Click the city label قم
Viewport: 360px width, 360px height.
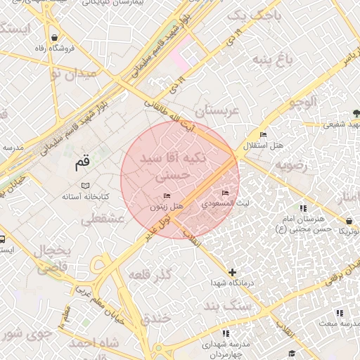pos(82,163)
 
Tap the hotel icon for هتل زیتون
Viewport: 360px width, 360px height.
pos(167,195)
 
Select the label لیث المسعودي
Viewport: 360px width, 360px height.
pos(225,202)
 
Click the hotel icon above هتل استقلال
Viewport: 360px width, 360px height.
pos(264,135)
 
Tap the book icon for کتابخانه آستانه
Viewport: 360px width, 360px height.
pos(85,186)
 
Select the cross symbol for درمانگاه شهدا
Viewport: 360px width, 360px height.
pos(233,272)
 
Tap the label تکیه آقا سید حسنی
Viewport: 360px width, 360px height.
pos(174,163)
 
